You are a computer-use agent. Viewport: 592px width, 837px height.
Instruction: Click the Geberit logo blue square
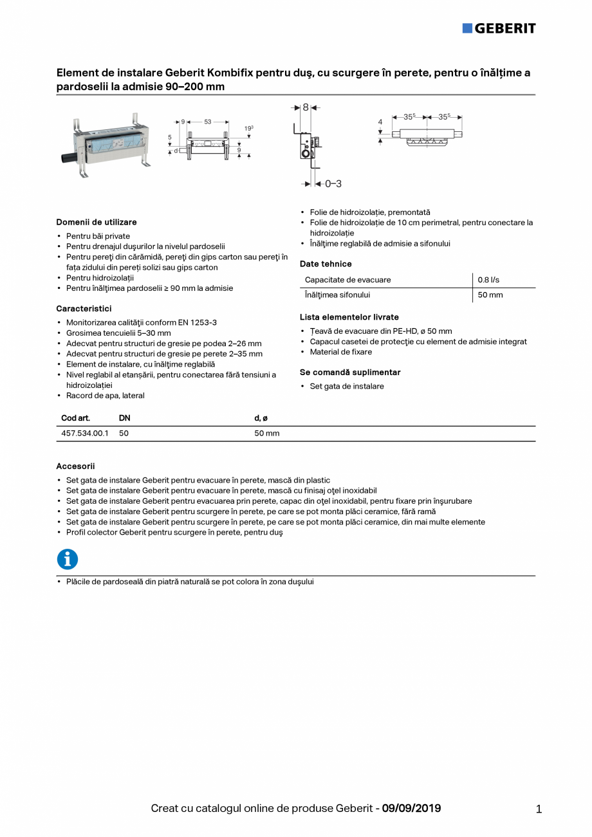(x=467, y=28)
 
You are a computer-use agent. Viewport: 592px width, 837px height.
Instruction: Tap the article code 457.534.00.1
(x=84, y=434)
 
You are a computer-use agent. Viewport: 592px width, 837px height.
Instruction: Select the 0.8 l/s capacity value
(x=488, y=280)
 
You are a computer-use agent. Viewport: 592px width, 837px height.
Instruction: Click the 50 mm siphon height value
(x=490, y=295)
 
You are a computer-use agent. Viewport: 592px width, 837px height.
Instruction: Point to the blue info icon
(x=68, y=559)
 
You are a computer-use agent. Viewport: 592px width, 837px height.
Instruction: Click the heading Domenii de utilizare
(x=97, y=222)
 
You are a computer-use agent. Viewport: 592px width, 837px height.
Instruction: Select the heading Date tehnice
(x=326, y=264)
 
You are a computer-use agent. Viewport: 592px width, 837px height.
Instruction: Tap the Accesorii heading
(x=75, y=466)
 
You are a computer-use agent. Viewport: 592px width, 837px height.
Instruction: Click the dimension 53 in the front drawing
(x=207, y=121)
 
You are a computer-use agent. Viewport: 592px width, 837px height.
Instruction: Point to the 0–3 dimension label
(x=333, y=184)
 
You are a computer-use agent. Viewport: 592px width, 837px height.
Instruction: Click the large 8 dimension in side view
(x=306, y=107)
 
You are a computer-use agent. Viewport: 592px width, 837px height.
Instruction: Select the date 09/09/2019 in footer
(x=411, y=808)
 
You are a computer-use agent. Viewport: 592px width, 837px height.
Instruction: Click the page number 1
(x=539, y=809)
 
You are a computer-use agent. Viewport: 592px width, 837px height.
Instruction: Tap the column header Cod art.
(x=75, y=418)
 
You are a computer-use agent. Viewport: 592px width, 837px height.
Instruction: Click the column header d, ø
(x=261, y=418)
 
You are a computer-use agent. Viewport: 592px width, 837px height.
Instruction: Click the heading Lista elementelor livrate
(x=349, y=317)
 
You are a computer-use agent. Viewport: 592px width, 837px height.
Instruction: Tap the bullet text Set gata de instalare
(x=347, y=386)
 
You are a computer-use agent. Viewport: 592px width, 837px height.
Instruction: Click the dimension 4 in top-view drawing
(x=380, y=122)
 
